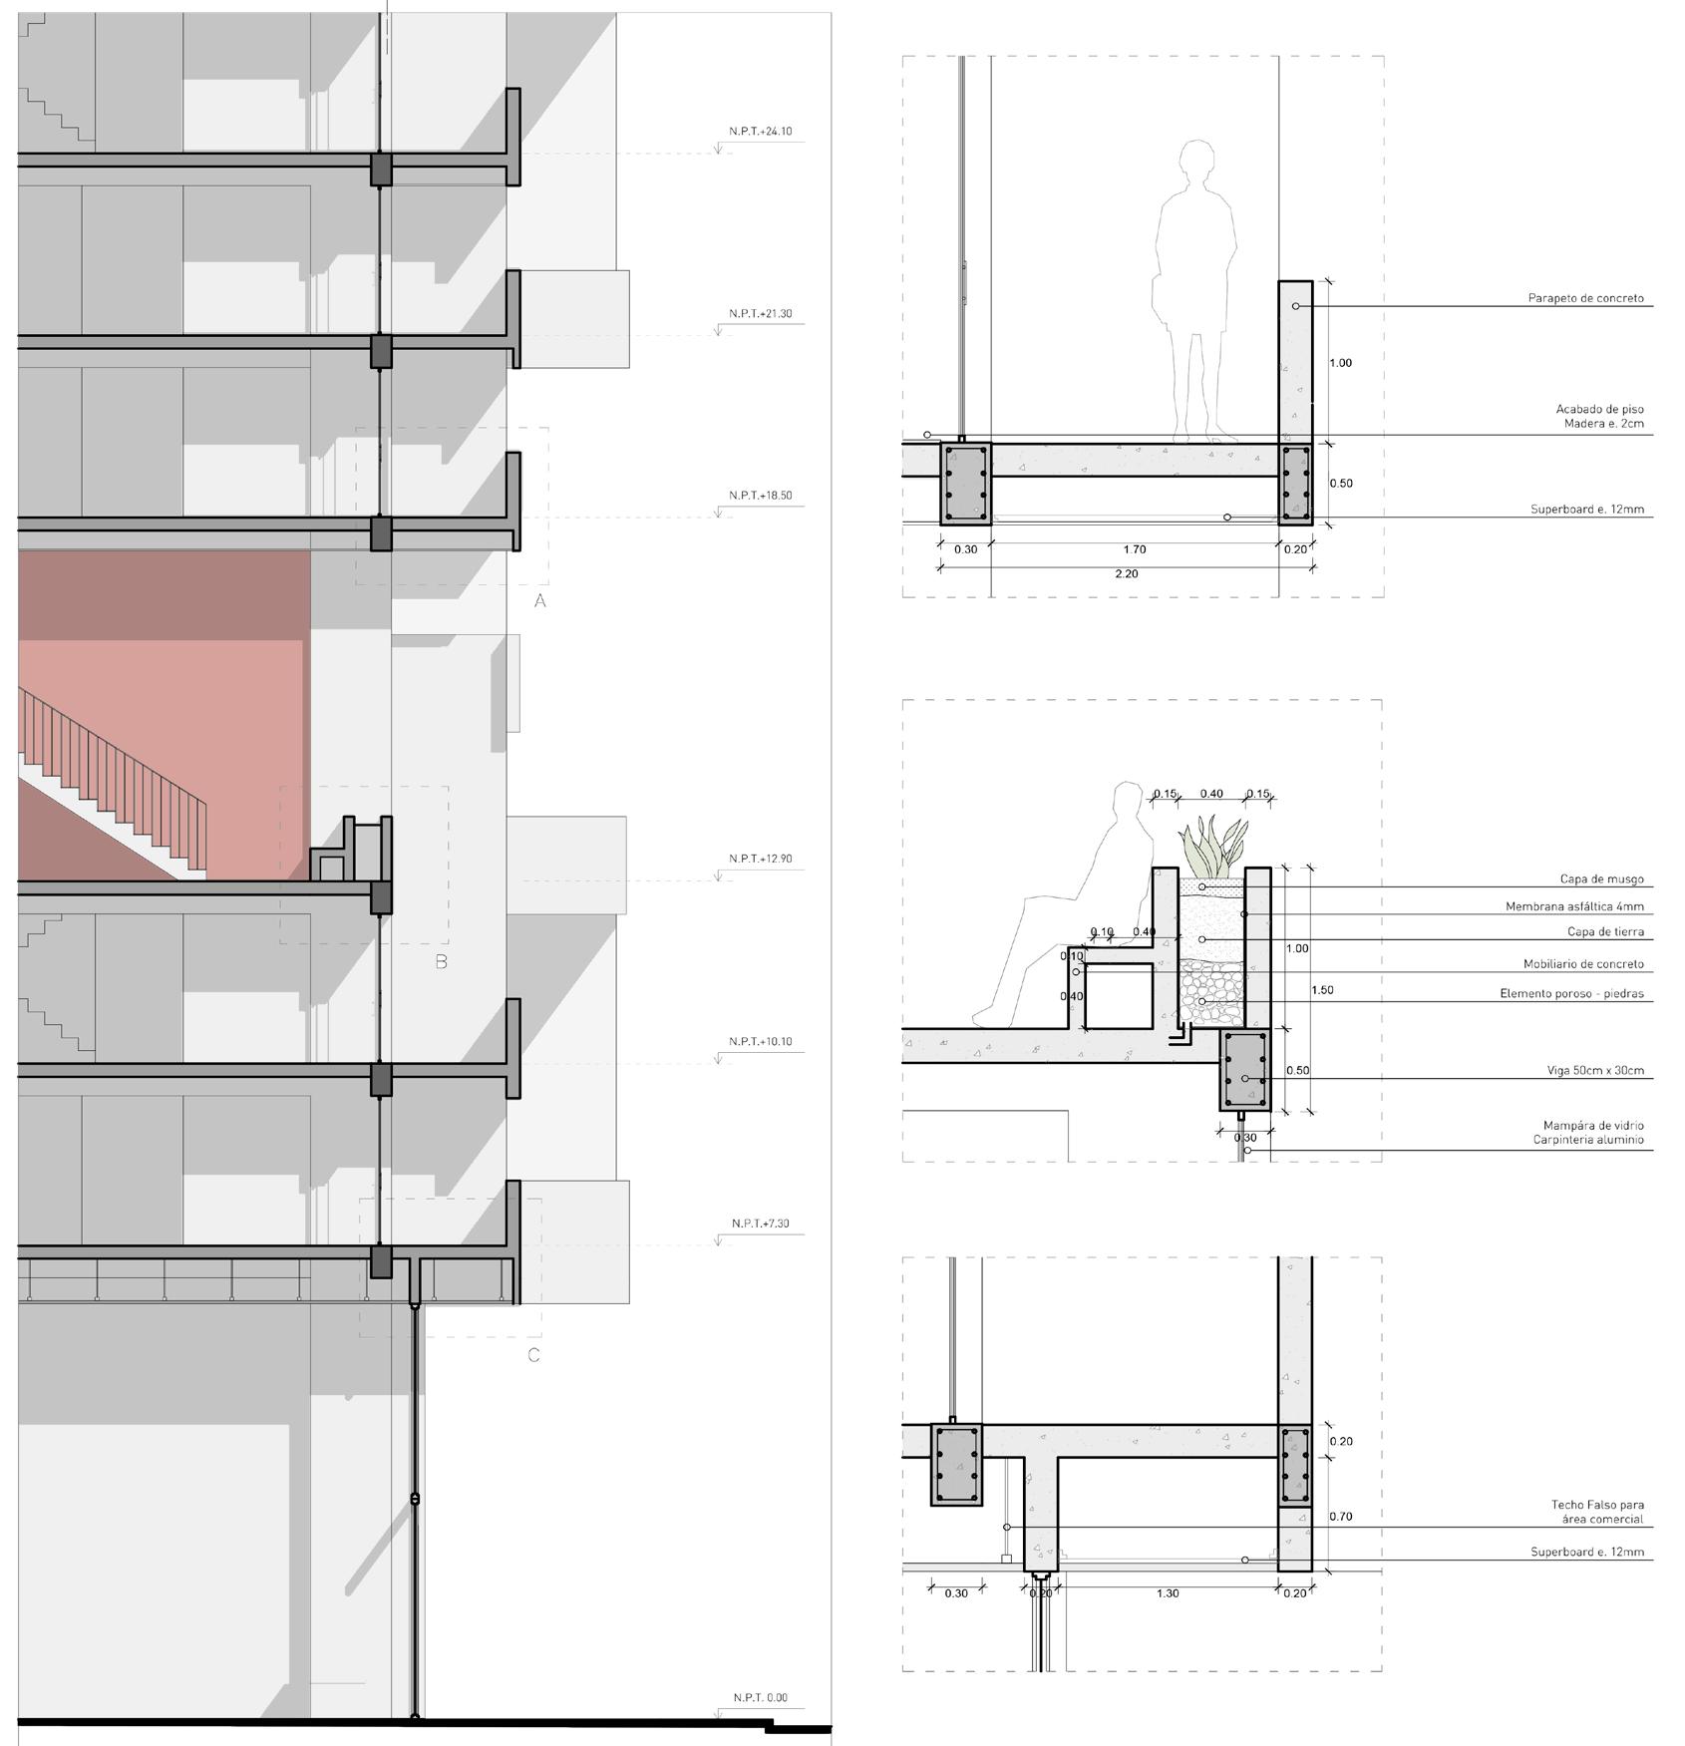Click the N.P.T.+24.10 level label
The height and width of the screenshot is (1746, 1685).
point(761,132)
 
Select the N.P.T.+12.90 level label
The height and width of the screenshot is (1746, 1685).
point(761,859)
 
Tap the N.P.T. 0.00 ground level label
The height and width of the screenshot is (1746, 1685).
point(761,1698)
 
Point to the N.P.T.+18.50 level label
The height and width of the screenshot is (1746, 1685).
point(761,496)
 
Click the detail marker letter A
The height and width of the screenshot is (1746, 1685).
point(540,600)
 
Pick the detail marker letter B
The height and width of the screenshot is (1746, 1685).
point(442,962)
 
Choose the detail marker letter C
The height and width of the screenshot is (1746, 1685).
point(533,1355)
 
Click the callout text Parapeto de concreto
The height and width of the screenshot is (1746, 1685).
point(1585,298)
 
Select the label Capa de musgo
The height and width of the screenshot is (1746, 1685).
point(1601,879)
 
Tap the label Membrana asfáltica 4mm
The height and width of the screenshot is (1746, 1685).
point(1574,907)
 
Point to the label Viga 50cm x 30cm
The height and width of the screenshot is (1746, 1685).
point(1595,1071)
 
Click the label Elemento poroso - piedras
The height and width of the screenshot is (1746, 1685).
point(1571,994)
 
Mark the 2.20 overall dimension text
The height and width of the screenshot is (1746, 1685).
point(1126,574)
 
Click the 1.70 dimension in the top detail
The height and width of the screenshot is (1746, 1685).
point(1134,549)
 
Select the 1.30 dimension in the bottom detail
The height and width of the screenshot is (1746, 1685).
point(1168,1593)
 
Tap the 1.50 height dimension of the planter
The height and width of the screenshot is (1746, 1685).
point(1323,990)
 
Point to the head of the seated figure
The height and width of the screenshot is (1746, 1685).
point(1128,803)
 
